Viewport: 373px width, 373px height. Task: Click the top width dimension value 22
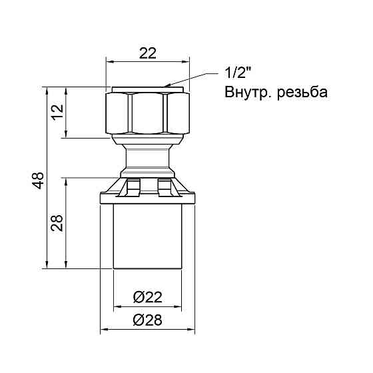[147, 54]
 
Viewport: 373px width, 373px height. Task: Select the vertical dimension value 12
[57, 112]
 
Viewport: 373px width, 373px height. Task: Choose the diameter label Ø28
[147, 320]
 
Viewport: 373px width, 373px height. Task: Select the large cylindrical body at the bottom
[147, 236]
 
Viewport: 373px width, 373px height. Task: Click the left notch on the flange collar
[132, 187]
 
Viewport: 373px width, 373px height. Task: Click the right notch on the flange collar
[163, 187]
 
